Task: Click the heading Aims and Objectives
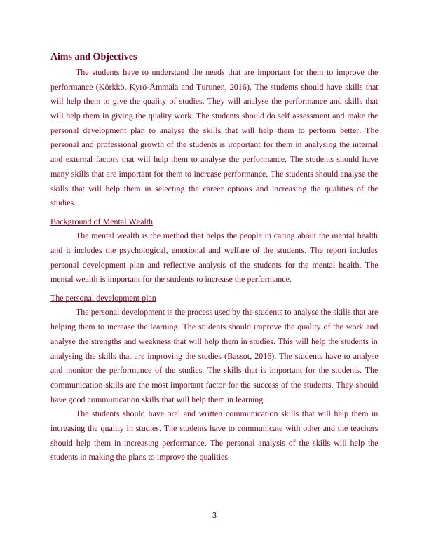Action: (93, 56)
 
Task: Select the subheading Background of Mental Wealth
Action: (102, 221)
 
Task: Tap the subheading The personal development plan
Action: (103, 298)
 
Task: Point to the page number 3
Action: (214, 516)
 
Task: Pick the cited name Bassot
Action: (239, 355)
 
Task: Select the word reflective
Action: (186, 264)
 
